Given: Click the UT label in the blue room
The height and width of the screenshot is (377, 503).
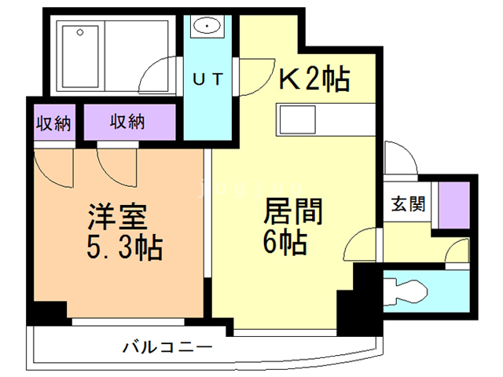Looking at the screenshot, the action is pyautogui.click(x=207, y=79).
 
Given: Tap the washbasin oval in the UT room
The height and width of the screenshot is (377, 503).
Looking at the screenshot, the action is pyautogui.click(x=207, y=25).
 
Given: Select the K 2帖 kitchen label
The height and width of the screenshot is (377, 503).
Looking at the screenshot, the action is pyautogui.click(x=314, y=79).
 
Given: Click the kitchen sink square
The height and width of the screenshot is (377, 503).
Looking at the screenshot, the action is pyautogui.click(x=297, y=119).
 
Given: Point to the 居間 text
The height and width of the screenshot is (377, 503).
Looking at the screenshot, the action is pyautogui.click(x=293, y=211).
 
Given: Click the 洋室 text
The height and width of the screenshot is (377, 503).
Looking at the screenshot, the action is pyautogui.click(x=118, y=217).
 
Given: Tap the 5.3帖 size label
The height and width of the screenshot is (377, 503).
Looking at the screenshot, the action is pyautogui.click(x=125, y=248).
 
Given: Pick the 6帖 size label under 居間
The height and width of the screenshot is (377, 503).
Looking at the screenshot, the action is pyautogui.click(x=285, y=243).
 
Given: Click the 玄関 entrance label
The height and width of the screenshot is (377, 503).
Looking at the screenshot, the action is pyautogui.click(x=408, y=204).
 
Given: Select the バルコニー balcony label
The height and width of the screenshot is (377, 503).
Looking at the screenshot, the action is pyautogui.click(x=167, y=347).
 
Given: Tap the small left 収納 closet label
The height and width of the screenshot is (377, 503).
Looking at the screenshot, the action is pyautogui.click(x=53, y=123).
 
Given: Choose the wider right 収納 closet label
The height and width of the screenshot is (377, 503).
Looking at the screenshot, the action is pyautogui.click(x=127, y=122).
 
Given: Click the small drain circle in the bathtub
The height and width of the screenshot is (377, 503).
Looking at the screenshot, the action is pyautogui.click(x=80, y=32).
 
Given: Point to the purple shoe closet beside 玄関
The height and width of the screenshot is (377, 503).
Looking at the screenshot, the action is pyautogui.click(x=454, y=205).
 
